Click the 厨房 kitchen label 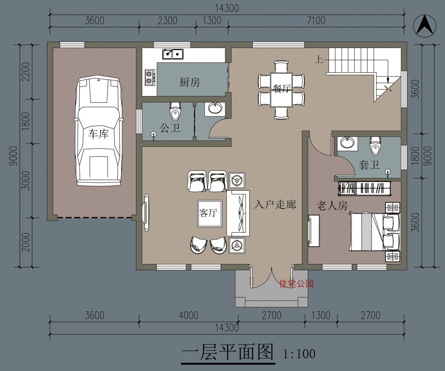tap(190, 82)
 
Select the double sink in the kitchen tap(173, 54)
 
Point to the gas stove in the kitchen tap(150, 77)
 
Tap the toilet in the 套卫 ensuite tap(375, 145)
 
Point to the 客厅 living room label tap(209, 213)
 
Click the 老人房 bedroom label tap(332, 205)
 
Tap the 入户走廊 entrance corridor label tap(275, 204)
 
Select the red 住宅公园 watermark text tap(296, 284)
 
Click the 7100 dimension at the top tap(316, 21)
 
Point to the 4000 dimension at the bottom tap(189, 315)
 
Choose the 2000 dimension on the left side tap(26, 242)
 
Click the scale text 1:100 tap(299, 354)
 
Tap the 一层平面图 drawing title tap(228, 352)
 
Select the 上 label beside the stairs tap(319, 60)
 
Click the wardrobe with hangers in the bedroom tap(365, 188)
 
